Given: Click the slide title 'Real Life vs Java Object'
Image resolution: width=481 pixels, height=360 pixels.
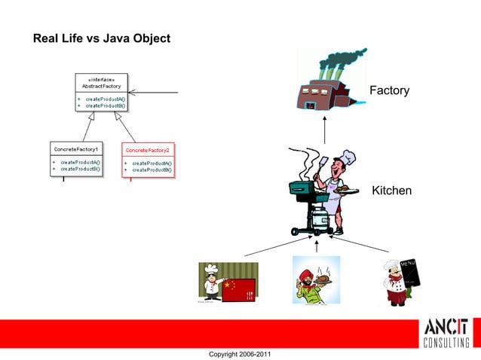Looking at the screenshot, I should (102, 38).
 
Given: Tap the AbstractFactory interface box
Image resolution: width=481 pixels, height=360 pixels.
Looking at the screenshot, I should (102, 93).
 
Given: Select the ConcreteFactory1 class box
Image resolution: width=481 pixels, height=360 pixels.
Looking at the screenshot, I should (76, 159).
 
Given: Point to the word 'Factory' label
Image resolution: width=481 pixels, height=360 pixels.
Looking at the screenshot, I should (389, 91).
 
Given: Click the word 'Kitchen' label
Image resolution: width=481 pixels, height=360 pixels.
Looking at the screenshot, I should (391, 191).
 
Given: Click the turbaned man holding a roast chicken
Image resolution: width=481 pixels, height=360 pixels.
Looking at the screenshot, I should (316, 280).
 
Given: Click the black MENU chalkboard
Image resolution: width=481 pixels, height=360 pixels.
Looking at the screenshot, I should (410, 275).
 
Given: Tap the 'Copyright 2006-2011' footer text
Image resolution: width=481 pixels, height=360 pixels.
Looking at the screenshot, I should (240, 353).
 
